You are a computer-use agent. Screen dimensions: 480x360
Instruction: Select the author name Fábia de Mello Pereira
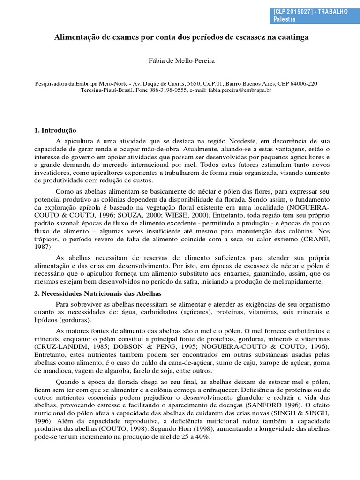180,61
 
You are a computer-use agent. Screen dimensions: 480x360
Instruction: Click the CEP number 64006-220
303,83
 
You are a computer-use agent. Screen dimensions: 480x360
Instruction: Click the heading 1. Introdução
55,130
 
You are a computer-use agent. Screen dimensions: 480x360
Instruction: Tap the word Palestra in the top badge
284,20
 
